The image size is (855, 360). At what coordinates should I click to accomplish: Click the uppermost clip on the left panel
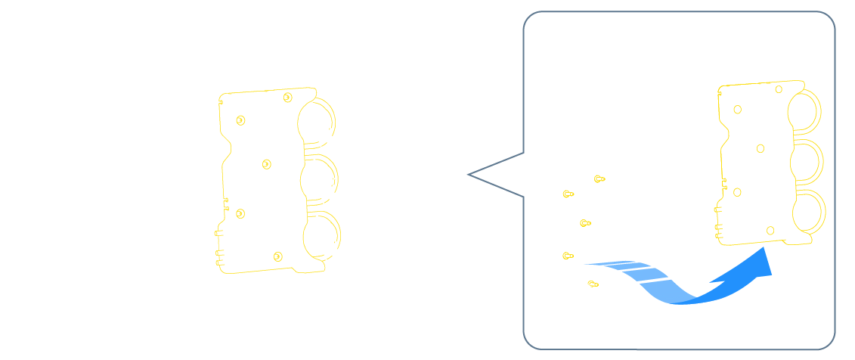(287, 98)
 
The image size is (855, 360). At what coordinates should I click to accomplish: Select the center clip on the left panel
(266, 164)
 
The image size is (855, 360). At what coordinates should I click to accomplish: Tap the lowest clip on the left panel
(277, 256)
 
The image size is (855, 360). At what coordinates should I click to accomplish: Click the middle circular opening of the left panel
(318, 178)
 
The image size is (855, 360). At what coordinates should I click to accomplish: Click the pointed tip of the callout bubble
(469, 175)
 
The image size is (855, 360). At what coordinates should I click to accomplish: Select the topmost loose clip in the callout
(599, 179)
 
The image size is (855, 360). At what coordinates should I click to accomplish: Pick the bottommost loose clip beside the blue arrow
(593, 284)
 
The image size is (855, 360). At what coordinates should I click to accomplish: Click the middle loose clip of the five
(584, 223)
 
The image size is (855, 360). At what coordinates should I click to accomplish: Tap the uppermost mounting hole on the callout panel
(779, 88)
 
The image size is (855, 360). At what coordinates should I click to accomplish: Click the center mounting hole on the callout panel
(761, 148)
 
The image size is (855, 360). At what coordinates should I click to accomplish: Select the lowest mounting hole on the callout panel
(770, 230)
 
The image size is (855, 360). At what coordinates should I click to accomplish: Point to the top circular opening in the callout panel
(803, 109)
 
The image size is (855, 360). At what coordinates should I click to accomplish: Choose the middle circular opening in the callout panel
(805, 162)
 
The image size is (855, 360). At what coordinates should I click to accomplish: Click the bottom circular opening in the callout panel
(807, 213)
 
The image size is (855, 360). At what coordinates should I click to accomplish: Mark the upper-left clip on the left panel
(240, 119)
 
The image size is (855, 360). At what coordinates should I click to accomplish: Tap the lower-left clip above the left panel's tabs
(240, 214)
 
